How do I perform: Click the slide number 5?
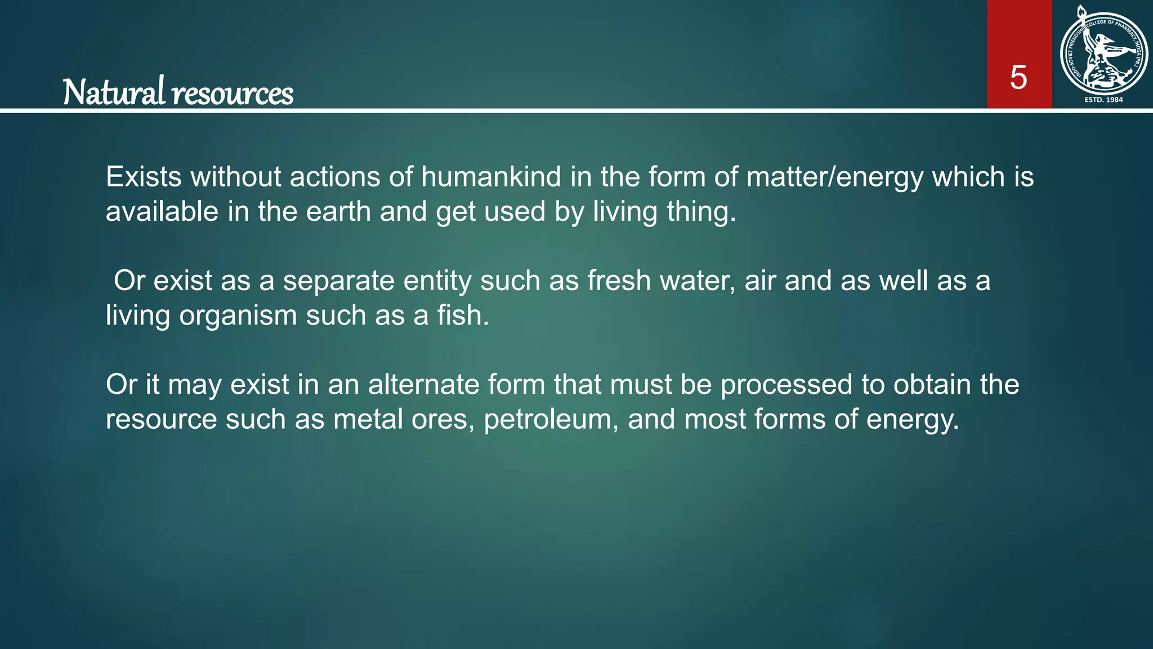click(x=1018, y=77)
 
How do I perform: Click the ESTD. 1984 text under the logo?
click(x=1103, y=100)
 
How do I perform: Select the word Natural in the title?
click(x=114, y=92)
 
